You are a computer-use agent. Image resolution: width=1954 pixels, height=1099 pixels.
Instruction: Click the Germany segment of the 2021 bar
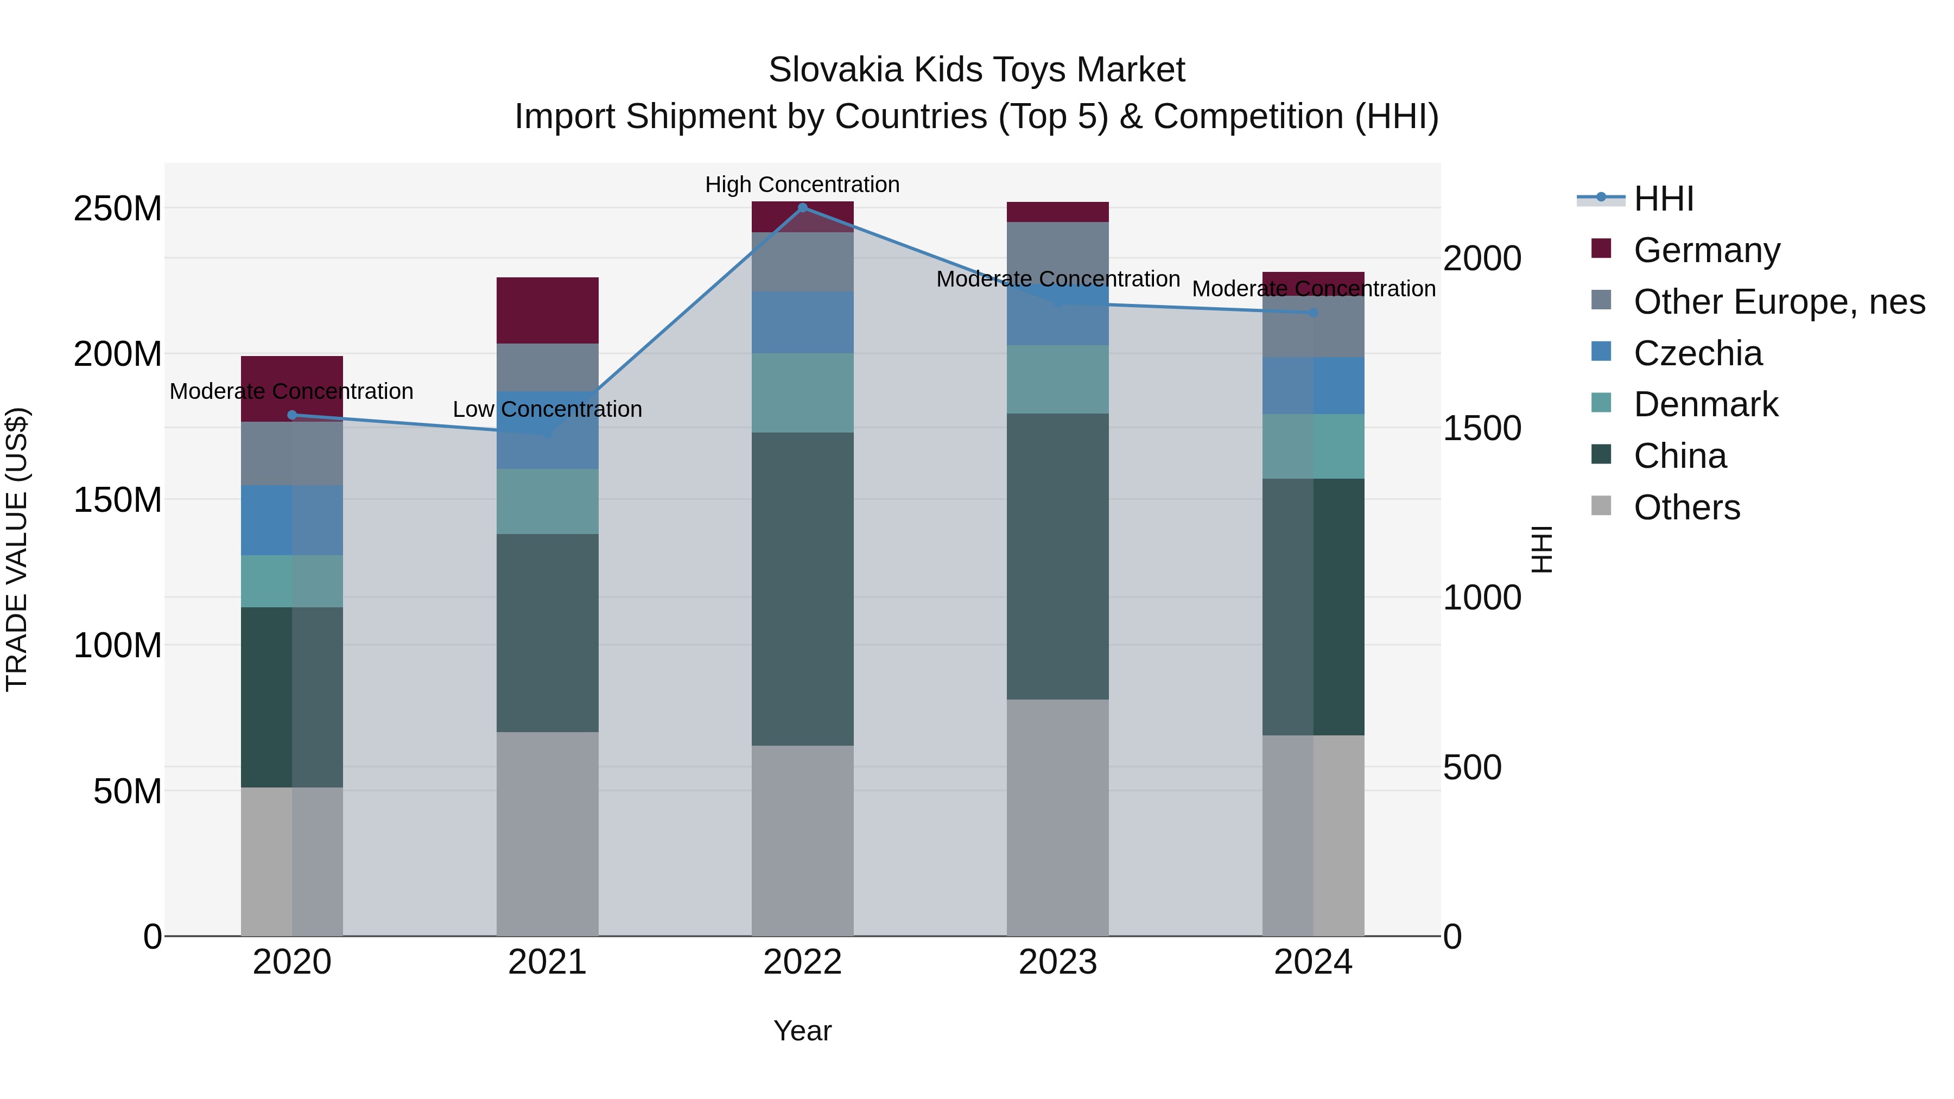tap(547, 310)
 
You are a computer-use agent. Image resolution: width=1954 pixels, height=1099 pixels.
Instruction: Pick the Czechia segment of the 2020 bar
tap(292, 520)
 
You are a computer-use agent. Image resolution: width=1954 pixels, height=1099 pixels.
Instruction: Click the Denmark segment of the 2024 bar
tap(1313, 446)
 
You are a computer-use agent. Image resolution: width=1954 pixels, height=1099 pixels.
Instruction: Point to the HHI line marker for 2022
tap(803, 208)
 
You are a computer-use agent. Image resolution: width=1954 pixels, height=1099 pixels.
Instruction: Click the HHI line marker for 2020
tap(292, 415)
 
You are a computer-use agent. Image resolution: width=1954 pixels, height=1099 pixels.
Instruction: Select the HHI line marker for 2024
tap(1313, 313)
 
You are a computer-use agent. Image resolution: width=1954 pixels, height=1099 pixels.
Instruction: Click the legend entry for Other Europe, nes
tap(1779, 302)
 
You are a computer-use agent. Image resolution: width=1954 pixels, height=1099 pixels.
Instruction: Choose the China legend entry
tap(1679, 456)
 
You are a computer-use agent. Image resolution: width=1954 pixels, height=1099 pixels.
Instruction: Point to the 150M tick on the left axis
tap(118, 500)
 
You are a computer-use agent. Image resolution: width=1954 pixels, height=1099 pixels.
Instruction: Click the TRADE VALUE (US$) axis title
tap(17, 549)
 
